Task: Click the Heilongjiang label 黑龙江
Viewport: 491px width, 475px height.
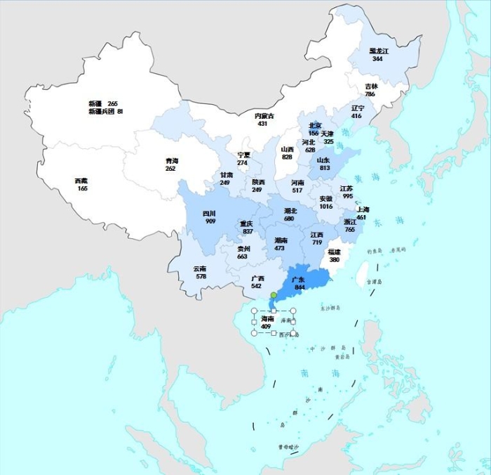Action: (379, 51)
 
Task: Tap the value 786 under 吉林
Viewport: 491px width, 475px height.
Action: (370, 94)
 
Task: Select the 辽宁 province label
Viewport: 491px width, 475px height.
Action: (357, 108)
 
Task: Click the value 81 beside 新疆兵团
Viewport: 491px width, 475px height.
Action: (120, 112)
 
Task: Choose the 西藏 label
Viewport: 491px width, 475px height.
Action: (82, 181)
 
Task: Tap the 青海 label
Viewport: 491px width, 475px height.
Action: (171, 161)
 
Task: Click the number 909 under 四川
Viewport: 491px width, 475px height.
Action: (210, 221)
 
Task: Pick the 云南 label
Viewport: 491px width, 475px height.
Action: (201, 268)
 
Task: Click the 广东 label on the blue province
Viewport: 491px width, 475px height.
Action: (299, 280)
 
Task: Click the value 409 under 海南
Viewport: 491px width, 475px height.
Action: (267, 327)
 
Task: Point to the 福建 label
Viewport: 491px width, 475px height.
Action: (335, 252)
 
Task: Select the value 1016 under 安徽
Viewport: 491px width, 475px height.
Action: (326, 207)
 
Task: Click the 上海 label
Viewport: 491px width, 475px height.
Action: (362, 209)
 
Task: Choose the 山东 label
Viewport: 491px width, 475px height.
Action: (324, 160)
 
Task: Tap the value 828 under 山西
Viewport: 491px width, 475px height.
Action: (288, 157)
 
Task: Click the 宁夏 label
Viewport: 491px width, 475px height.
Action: (243, 155)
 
